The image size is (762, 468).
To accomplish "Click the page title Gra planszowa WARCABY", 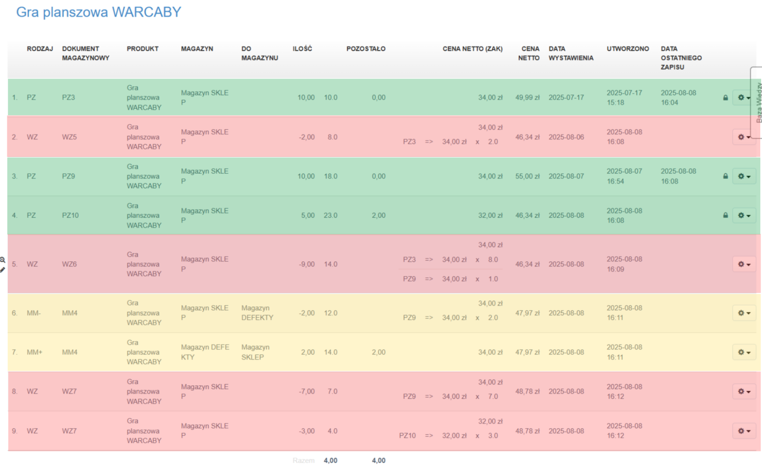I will coord(99,12).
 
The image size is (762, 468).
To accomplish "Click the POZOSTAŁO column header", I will coord(365,49).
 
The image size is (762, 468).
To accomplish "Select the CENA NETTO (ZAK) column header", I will coord(472,49).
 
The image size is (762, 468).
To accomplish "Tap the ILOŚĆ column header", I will coord(302,49).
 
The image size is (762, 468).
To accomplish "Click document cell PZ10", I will coord(70,215).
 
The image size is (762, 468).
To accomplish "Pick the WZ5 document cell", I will coord(69,137).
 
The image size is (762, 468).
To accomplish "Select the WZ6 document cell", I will coord(69,264).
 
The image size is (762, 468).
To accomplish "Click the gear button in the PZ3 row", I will coord(743,97).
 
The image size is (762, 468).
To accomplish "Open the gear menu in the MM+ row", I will coord(743,352).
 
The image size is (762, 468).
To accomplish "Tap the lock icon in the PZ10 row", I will coord(726,215).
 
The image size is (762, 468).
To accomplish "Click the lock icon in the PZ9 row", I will coord(726,176).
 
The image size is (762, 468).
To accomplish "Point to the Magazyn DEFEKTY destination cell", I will coord(257,313).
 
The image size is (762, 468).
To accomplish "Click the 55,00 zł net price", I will coord(527,176).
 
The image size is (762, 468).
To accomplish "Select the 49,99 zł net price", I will coord(527,97).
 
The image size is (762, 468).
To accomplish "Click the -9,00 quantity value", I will coord(307,264).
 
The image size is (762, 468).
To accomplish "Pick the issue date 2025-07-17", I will coord(566,97).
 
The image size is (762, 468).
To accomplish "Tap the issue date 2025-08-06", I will coord(566,137).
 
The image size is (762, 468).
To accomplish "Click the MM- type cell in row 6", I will coord(34,313).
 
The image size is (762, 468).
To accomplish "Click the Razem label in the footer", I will coord(304,461).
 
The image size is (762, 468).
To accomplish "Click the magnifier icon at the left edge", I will coord(3,260).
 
